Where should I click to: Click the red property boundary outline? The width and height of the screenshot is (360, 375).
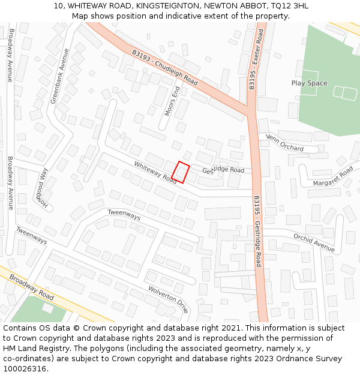pyautogui.click(x=181, y=172)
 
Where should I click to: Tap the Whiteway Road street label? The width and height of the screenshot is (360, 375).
pyautogui.click(x=155, y=172)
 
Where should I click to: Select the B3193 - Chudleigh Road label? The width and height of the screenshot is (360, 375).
pyautogui.click(x=164, y=67)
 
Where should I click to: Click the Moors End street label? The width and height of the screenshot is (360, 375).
pyautogui.click(x=172, y=101)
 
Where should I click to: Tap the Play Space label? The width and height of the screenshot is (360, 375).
pyautogui.click(x=309, y=83)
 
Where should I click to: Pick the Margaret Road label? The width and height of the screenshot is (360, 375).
pyautogui.click(x=333, y=176)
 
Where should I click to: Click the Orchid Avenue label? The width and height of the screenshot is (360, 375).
pyautogui.click(x=314, y=242)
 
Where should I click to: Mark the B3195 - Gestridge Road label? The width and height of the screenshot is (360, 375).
pyautogui.click(x=257, y=231)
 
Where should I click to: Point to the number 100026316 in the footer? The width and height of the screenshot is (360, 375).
pyautogui.click(x=25, y=369)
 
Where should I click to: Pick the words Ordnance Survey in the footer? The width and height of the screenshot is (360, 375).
pyautogui.click(x=308, y=359)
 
